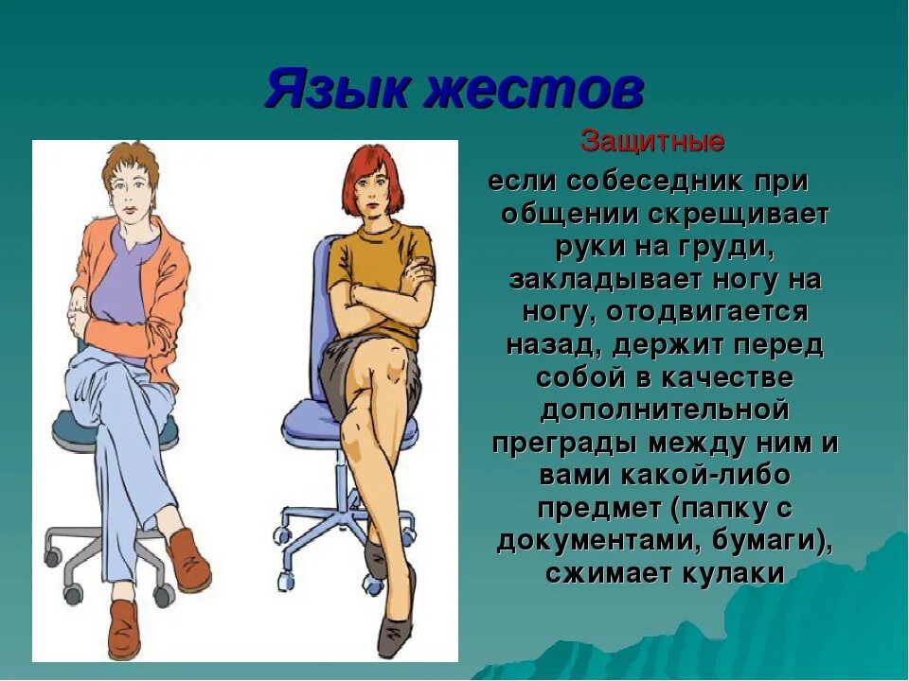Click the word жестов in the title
(x=535, y=93)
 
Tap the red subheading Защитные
(x=652, y=143)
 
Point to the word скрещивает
(x=739, y=214)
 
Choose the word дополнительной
(x=664, y=411)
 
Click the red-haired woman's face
(x=367, y=194)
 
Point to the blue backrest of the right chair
(x=322, y=284)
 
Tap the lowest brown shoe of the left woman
(x=123, y=629)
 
